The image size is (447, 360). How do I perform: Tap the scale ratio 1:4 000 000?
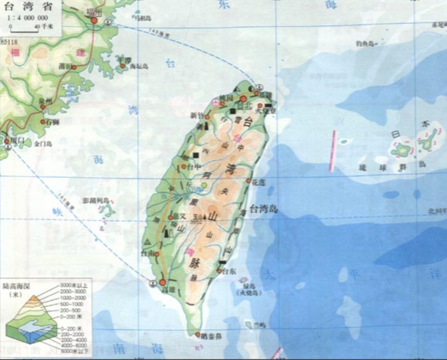27,18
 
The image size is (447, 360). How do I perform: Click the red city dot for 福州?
94,20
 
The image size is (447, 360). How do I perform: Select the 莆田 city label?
65,66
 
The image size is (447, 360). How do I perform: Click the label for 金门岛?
43,143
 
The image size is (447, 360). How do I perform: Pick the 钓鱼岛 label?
365,43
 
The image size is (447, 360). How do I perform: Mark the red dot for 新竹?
207,117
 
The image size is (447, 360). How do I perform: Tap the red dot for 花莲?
249,180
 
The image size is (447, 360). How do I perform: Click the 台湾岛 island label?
263,210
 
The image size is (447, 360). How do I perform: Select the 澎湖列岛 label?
95,200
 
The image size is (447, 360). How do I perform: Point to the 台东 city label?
229,271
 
